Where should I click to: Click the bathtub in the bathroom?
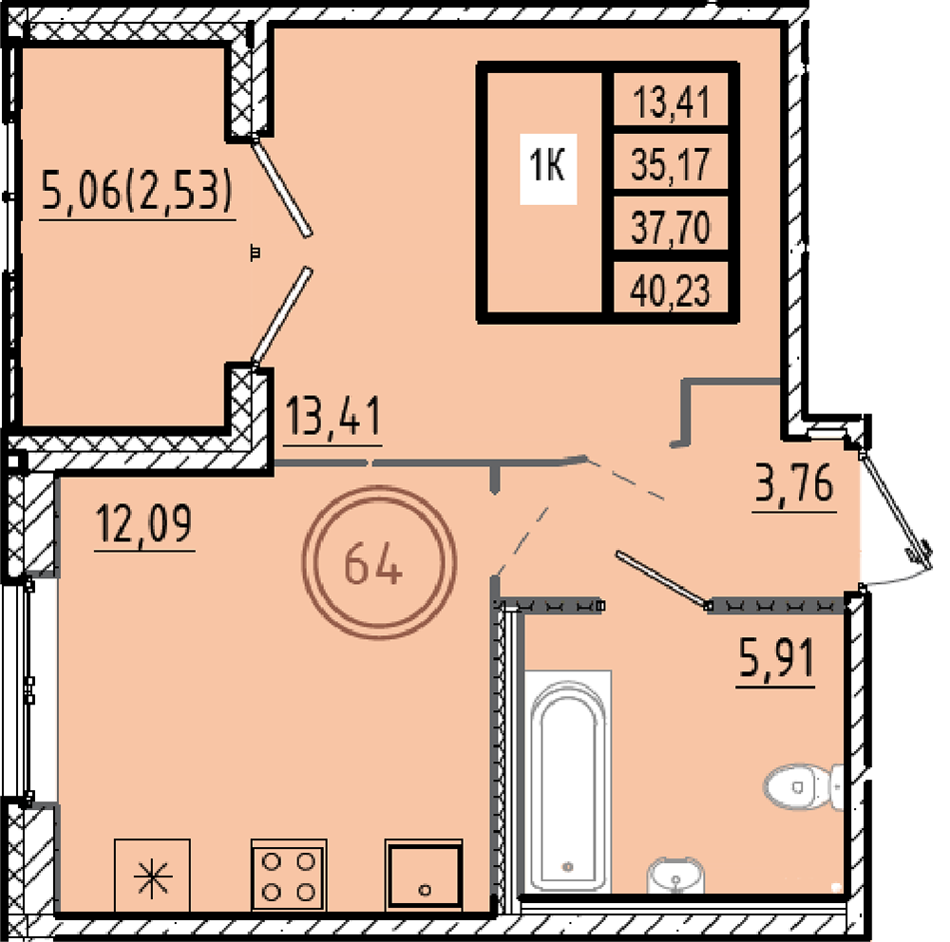pyautogui.click(x=568, y=781)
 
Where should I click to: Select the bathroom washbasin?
pyautogui.click(x=675, y=876)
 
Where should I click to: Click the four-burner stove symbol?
pyautogui.click(x=289, y=875)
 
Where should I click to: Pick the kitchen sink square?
pyautogui.click(x=424, y=875)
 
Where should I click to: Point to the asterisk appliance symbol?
pyautogui.click(x=152, y=875)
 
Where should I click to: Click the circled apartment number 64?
pyautogui.click(x=379, y=562)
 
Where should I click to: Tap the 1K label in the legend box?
pyautogui.click(x=548, y=165)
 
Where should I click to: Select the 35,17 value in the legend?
pyautogui.click(x=670, y=164)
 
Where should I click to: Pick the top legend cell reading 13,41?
pyautogui.click(x=670, y=102)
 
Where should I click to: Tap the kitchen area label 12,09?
pyautogui.click(x=144, y=524)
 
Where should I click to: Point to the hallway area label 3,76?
pyautogui.click(x=794, y=484)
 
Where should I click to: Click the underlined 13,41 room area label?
pyautogui.click(x=332, y=418)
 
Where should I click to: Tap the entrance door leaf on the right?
pyautogui.click(x=896, y=510)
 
